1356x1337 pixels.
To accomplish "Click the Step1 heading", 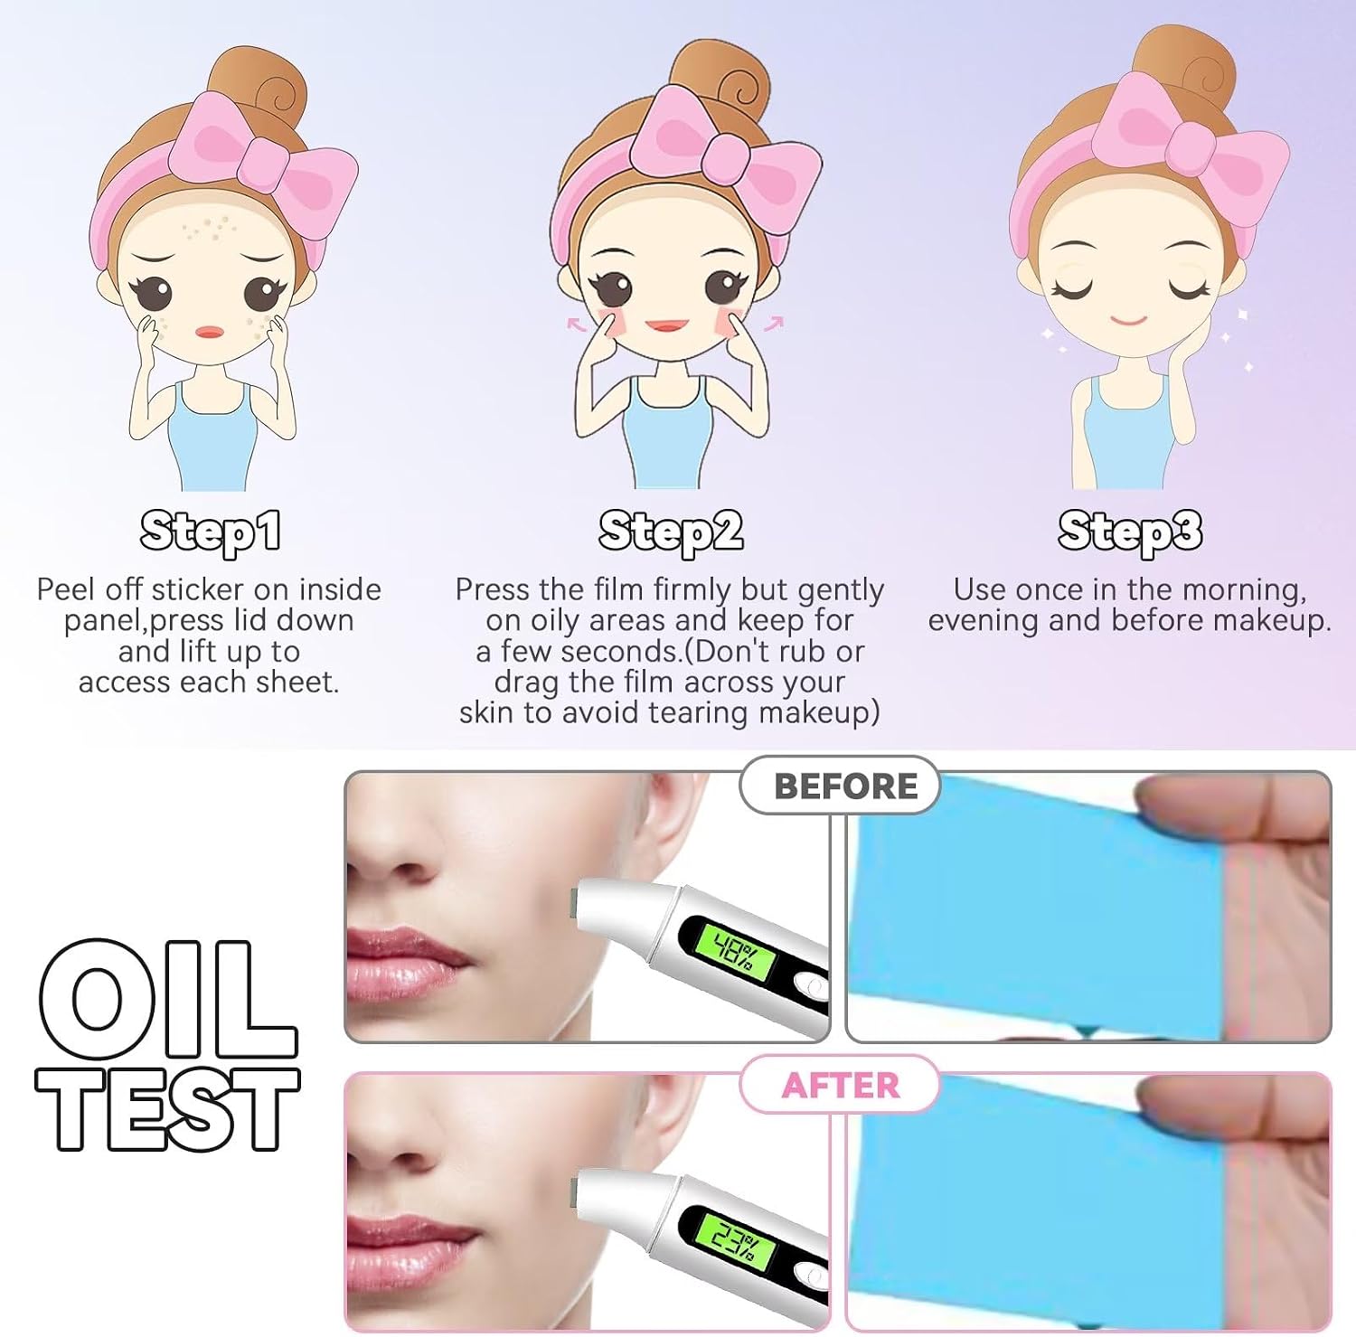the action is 211,532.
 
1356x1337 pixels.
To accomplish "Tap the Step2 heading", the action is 671,532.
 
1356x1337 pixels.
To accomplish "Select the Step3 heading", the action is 1130,532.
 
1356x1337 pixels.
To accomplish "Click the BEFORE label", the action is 845,786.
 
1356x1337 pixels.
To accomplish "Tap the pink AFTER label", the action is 841,1086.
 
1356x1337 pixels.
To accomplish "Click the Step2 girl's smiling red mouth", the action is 668,325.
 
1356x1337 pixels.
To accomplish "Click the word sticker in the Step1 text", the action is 198,589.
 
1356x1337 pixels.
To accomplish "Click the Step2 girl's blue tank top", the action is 670,434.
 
